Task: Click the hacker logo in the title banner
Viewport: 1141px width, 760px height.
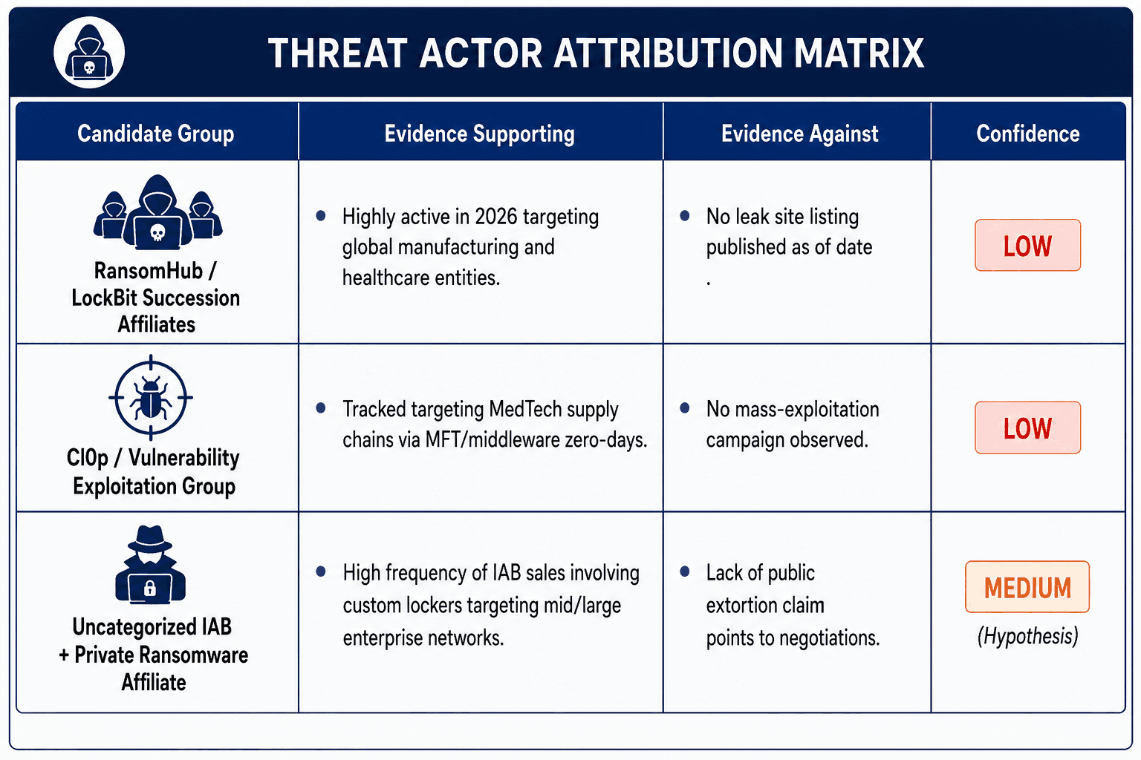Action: pyautogui.click(x=89, y=53)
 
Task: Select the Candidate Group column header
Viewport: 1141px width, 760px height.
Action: pyautogui.click(x=156, y=134)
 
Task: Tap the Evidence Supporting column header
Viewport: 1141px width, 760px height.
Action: pyautogui.click(x=479, y=134)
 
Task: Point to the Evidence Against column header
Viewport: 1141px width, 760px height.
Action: pyautogui.click(x=800, y=134)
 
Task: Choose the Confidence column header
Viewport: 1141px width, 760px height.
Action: pyautogui.click(x=1028, y=134)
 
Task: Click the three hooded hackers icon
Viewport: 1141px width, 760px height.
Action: pyautogui.click(x=158, y=212)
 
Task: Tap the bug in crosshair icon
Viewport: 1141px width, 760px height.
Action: pyautogui.click(x=151, y=397)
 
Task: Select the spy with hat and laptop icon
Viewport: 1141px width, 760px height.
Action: pyautogui.click(x=150, y=565)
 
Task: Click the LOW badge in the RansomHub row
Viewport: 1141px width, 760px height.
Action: pyautogui.click(x=1028, y=246)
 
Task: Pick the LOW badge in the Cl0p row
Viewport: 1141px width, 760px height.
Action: pyautogui.click(x=1028, y=427)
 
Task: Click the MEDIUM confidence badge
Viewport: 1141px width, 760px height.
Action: pyautogui.click(x=1027, y=587)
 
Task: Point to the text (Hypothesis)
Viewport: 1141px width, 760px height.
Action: pyautogui.click(x=1028, y=636)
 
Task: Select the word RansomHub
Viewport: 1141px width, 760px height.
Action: pyautogui.click(x=149, y=271)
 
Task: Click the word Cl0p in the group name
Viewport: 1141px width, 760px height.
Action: pyautogui.click(x=88, y=458)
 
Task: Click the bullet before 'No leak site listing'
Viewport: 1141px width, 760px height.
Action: pyautogui.click(x=685, y=216)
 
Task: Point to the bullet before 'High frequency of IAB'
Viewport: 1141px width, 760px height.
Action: pyautogui.click(x=321, y=571)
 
